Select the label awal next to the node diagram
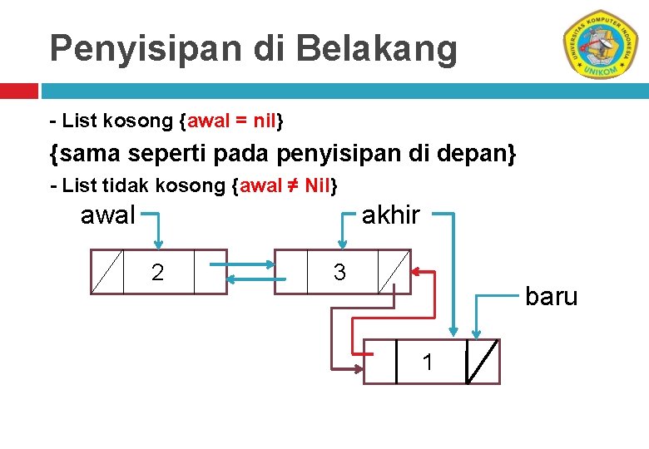pyautogui.click(x=107, y=216)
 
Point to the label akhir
pyautogui.click(x=391, y=216)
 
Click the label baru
pyautogui.click(x=551, y=297)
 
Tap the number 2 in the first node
pyautogui.click(x=157, y=272)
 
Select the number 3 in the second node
pyautogui.click(x=339, y=272)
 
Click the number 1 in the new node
pyautogui.click(x=428, y=363)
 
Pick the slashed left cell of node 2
pyautogui.click(x=107, y=272)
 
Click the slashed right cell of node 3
pyautogui.click(x=393, y=272)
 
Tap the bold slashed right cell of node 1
pyautogui.click(x=483, y=362)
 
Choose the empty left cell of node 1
pyautogui.click(x=380, y=362)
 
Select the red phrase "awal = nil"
pyautogui.click(x=232, y=121)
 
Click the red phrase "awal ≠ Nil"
pyautogui.click(x=286, y=185)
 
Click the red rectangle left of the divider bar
pyautogui.click(x=18, y=90)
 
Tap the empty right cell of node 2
pyautogui.click(x=210, y=272)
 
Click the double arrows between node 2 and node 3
pyautogui.click(x=250, y=272)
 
